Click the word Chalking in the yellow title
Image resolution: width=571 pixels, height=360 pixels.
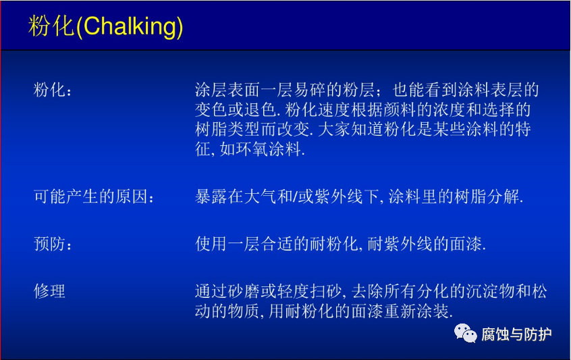click(130, 27)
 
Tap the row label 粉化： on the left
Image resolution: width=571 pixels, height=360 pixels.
click(53, 90)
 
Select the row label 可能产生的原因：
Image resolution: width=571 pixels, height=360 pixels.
click(94, 197)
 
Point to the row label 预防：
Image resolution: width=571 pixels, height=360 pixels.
click(53, 243)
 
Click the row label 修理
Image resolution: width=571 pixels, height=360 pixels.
click(49, 291)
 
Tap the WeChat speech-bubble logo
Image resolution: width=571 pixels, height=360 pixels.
click(465, 333)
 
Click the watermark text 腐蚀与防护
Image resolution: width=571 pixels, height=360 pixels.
click(516, 334)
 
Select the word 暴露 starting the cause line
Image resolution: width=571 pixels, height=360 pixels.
click(211, 197)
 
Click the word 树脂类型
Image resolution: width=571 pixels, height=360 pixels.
click(227, 130)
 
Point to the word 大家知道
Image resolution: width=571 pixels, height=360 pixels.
click(350, 130)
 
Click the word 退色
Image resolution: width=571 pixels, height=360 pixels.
click(261, 109)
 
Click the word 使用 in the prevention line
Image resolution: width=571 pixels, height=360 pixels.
click(211, 243)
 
